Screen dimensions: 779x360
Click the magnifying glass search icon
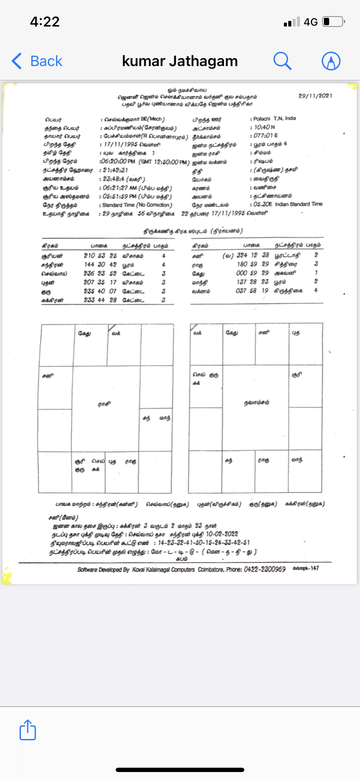[282, 61]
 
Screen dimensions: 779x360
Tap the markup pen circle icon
[331, 61]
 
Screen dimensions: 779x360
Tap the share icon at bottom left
[28, 729]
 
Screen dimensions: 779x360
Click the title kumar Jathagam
[180, 61]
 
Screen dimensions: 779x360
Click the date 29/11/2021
[315, 96]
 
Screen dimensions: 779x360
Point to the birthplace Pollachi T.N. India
[275, 118]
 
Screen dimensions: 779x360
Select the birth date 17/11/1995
[120, 144]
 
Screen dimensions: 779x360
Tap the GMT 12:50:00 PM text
[164, 162]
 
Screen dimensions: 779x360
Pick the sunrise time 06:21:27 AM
[120, 188]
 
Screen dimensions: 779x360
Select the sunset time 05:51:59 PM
[120, 196]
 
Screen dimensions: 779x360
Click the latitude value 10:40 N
[264, 127]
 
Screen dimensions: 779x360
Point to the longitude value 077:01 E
[266, 136]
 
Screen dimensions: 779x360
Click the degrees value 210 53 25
[100, 256]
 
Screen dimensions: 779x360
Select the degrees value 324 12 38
[253, 255]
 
